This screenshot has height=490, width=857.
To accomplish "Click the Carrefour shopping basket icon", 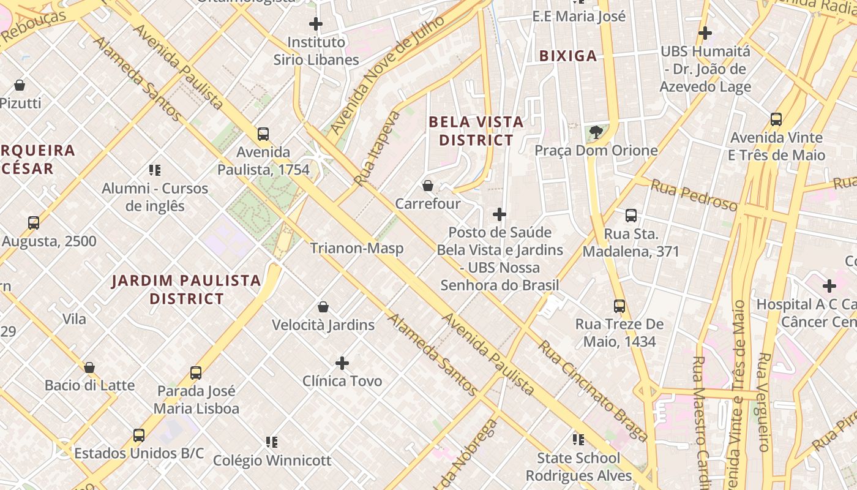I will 428,186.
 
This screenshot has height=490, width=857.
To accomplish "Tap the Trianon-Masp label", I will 356,248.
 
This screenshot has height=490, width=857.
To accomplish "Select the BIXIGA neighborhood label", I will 567,56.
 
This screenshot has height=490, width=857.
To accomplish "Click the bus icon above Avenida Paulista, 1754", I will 263,134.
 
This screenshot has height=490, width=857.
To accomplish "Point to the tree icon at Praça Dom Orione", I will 596,132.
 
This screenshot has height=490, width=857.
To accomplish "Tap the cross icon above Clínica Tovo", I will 342,363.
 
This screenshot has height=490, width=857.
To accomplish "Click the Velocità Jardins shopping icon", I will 323,307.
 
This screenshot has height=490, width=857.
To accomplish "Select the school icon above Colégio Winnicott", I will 272,442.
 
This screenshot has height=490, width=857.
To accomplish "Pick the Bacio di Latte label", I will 89,385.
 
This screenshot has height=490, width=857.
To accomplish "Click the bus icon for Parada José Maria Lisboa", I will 196,372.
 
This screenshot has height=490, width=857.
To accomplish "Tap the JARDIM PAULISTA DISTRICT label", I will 187,290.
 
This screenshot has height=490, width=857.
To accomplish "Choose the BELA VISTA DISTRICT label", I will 476,131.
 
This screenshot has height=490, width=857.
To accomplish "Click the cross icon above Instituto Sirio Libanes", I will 316,24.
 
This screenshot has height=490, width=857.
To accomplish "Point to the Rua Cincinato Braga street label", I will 592,391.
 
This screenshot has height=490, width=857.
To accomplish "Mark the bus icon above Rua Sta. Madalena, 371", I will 631,216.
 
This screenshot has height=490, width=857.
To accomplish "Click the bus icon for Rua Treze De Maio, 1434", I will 619,306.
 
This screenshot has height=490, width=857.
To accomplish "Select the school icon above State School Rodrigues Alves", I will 578,440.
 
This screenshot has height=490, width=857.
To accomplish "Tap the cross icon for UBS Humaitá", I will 705,33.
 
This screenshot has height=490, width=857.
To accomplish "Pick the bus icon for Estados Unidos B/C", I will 139,435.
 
